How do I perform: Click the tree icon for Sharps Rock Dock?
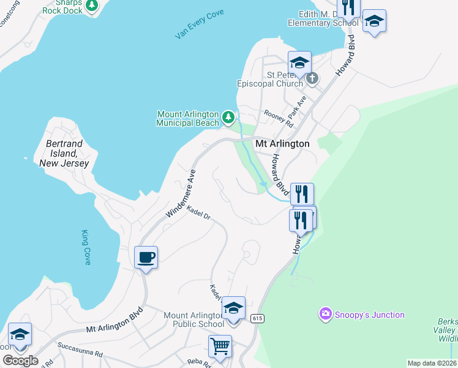point(92,6)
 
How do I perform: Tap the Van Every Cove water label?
point(199,25)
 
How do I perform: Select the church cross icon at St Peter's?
point(312,78)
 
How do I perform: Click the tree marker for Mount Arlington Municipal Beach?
point(228,116)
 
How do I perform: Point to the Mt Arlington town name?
point(282,144)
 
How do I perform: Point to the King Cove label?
point(86,247)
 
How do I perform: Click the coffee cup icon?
point(146,258)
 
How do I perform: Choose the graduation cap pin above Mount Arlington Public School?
point(233,308)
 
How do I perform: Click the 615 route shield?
point(257,317)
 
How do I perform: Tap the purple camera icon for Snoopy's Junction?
point(325,315)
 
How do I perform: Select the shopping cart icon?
point(220,345)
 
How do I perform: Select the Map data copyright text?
point(424,363)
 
